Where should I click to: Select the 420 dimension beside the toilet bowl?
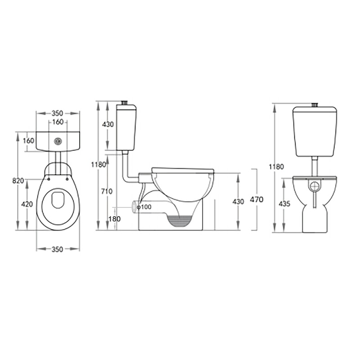pyautogui.click(x=27, y=204)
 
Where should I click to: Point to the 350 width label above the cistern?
pyautogui.click(x=58, y=113)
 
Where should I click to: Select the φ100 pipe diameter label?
pyautogui.click(x=144, y=207)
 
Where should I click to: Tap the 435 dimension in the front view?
pyautogui.click(x=284, y=203)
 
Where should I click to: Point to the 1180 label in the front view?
pyautogui.click(x=278, y=166)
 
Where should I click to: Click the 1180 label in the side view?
pyautogui.click(x=99, y=164)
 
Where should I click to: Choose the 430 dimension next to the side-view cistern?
pyautogui.click(x=108, y=125)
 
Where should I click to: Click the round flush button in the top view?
pyautogui.click(x=58, y=141)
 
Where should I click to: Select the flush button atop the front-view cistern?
pyautogui.click(x=315, y=106)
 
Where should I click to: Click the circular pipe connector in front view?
pyautogui.click(x=315, y=185)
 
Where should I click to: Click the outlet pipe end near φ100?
pyautogui.click(x=134, y=207)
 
